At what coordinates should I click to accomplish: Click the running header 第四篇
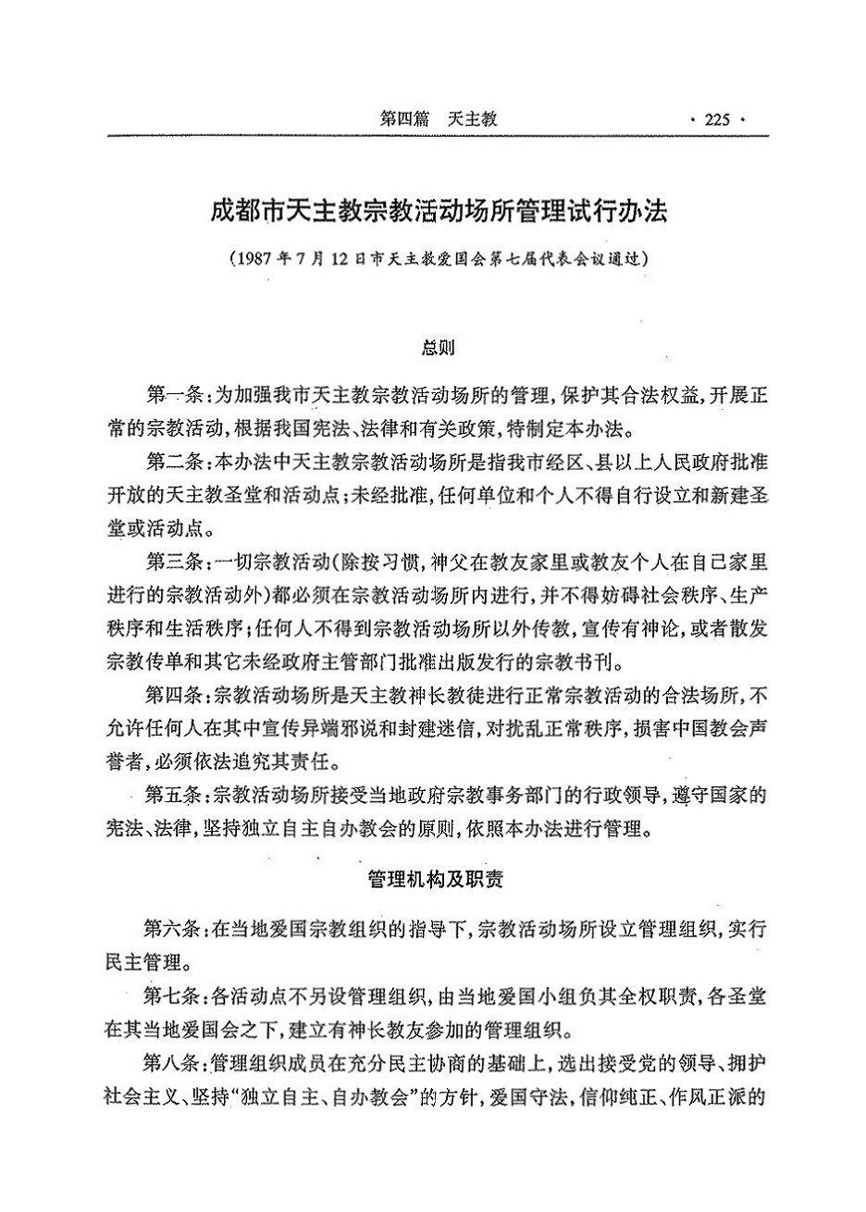tap(403, 118)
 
